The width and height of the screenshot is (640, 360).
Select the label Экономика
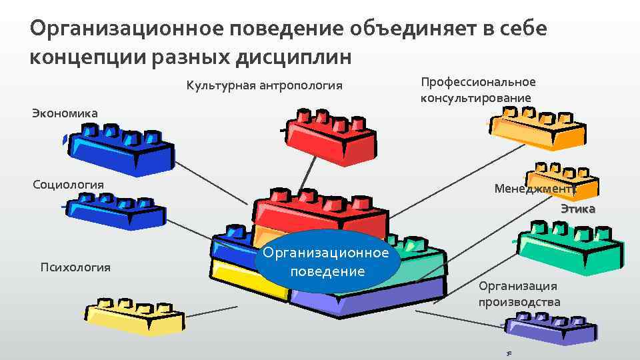pos(65,113)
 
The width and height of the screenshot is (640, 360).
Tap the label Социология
pos(68,184)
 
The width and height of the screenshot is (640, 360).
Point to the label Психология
pos(75,267)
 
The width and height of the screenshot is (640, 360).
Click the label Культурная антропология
pos(264,85)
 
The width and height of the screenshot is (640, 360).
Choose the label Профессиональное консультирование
pos(477,90)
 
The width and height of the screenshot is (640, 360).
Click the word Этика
pos(577,209)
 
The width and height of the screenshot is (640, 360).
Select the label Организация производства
pos(519,294)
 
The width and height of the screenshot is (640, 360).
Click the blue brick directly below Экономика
pos(120,150)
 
